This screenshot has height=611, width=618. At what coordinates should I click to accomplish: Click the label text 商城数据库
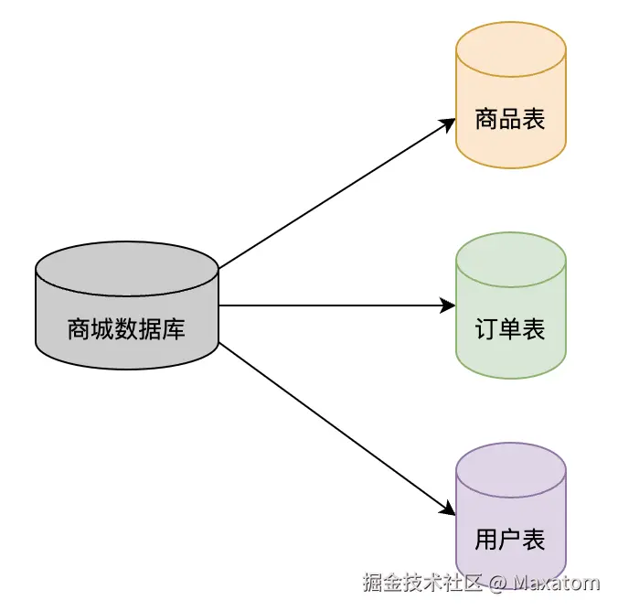(126, 328)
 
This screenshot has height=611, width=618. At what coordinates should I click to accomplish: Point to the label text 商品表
(510, 119)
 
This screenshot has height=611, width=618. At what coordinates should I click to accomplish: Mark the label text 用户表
(510, 540)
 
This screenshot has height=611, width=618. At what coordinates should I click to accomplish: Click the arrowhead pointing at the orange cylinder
(449, 123)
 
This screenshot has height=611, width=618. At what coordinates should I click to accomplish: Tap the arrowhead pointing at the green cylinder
(449, 305)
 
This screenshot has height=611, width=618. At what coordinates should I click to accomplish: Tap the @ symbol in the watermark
(496, 583)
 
